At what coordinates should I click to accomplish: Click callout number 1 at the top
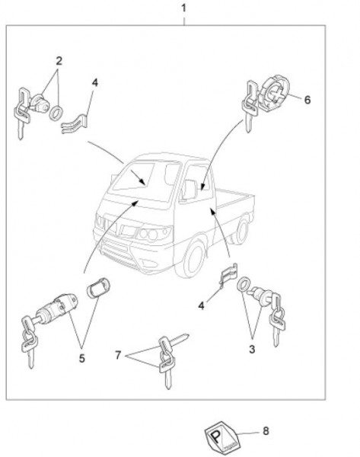coord(183,8)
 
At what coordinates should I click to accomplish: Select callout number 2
coord(59,61)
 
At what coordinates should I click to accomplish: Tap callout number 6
coord(307,100)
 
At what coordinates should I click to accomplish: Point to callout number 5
coord(82,358)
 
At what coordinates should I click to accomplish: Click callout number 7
coord(118,355)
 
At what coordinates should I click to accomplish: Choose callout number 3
coord(252,349)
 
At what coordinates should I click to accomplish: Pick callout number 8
coord(266,431)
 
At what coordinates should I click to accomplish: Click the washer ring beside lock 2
coord(56,113)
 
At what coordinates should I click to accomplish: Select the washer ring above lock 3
coord(243,284)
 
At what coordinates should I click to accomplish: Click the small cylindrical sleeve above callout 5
coord(98,288)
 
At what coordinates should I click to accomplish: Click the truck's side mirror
coord(190,190)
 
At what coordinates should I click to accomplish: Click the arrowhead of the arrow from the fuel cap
coord(202,187)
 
